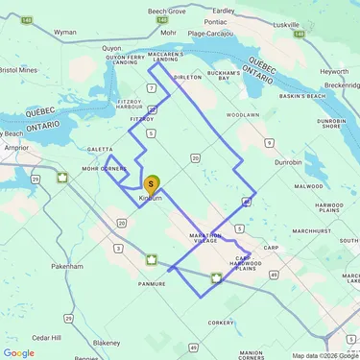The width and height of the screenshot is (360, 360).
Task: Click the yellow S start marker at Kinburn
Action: [152, 183]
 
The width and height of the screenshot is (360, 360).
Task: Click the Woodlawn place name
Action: [244, 114]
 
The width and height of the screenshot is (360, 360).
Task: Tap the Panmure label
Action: [152, 283]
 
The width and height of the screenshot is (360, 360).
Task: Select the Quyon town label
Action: [112, 47]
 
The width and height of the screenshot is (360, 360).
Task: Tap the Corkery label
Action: [221, 324]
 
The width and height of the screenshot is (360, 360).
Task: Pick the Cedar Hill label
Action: [47, 337]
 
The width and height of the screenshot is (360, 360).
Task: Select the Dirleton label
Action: [187, 77]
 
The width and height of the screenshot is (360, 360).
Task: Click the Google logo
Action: [18, 352]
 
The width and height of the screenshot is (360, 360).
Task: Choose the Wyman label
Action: [65, 32]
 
